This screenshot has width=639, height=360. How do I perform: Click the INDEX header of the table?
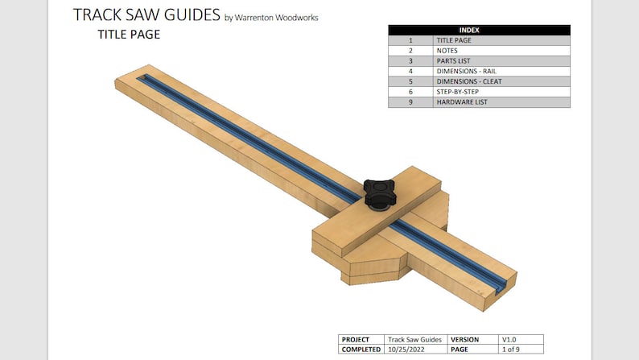pos(479,30)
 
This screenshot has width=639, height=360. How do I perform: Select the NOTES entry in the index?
pos(447,50)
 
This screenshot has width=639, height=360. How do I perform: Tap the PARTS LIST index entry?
pos(453,60)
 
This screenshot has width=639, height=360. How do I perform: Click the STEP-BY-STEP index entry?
pos(457,92)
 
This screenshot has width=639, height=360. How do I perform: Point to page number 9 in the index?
pos(410,102)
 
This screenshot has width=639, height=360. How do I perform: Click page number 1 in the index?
pos(410,39)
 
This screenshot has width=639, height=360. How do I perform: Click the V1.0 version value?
pos(510,339)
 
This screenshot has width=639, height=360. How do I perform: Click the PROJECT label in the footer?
pos(356,339)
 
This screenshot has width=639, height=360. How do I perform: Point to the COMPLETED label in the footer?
pos(361,350)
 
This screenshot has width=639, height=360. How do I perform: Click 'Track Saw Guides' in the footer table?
pos(414,339)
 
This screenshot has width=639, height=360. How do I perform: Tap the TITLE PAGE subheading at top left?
pos(128,35)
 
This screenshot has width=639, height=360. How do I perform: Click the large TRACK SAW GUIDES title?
pos(146,14)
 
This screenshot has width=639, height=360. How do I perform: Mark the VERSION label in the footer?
pos(465,339)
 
